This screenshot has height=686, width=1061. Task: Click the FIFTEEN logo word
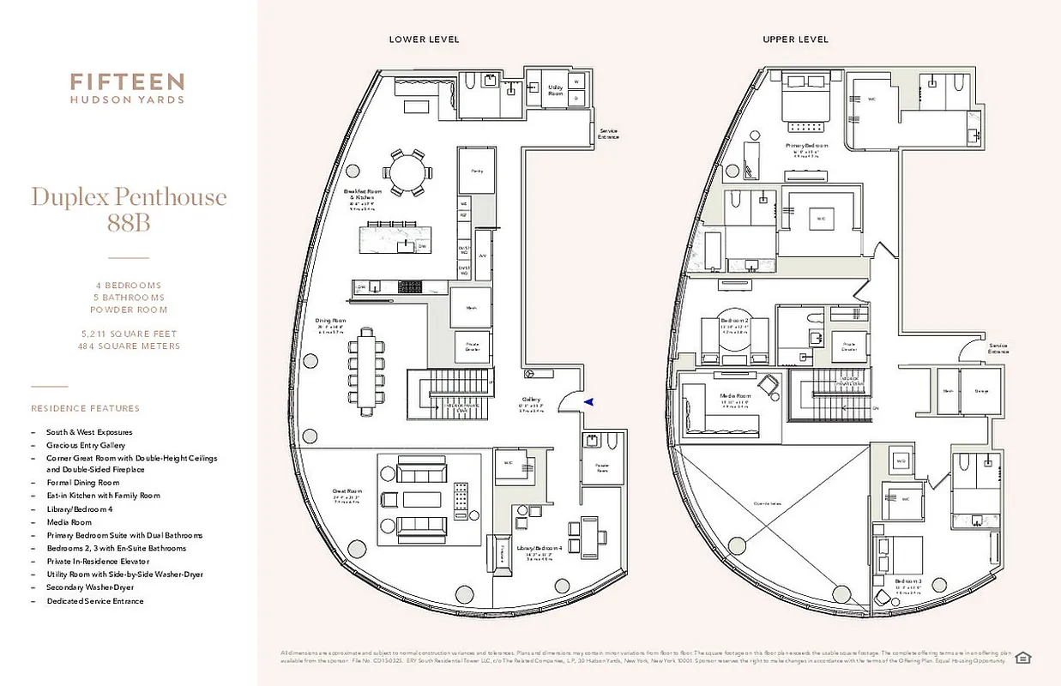127,82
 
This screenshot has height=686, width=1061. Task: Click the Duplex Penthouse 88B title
129,208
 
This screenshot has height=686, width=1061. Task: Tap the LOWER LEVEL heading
424,39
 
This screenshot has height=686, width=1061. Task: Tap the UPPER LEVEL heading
795,39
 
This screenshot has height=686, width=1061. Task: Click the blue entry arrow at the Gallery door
588,401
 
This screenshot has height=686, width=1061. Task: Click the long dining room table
367,369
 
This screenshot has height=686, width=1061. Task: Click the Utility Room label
556,90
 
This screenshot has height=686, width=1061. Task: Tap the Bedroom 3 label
908,581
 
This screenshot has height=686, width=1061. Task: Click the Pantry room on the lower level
476,171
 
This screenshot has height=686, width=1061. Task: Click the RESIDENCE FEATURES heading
85,408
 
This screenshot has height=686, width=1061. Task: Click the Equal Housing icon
1022,658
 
